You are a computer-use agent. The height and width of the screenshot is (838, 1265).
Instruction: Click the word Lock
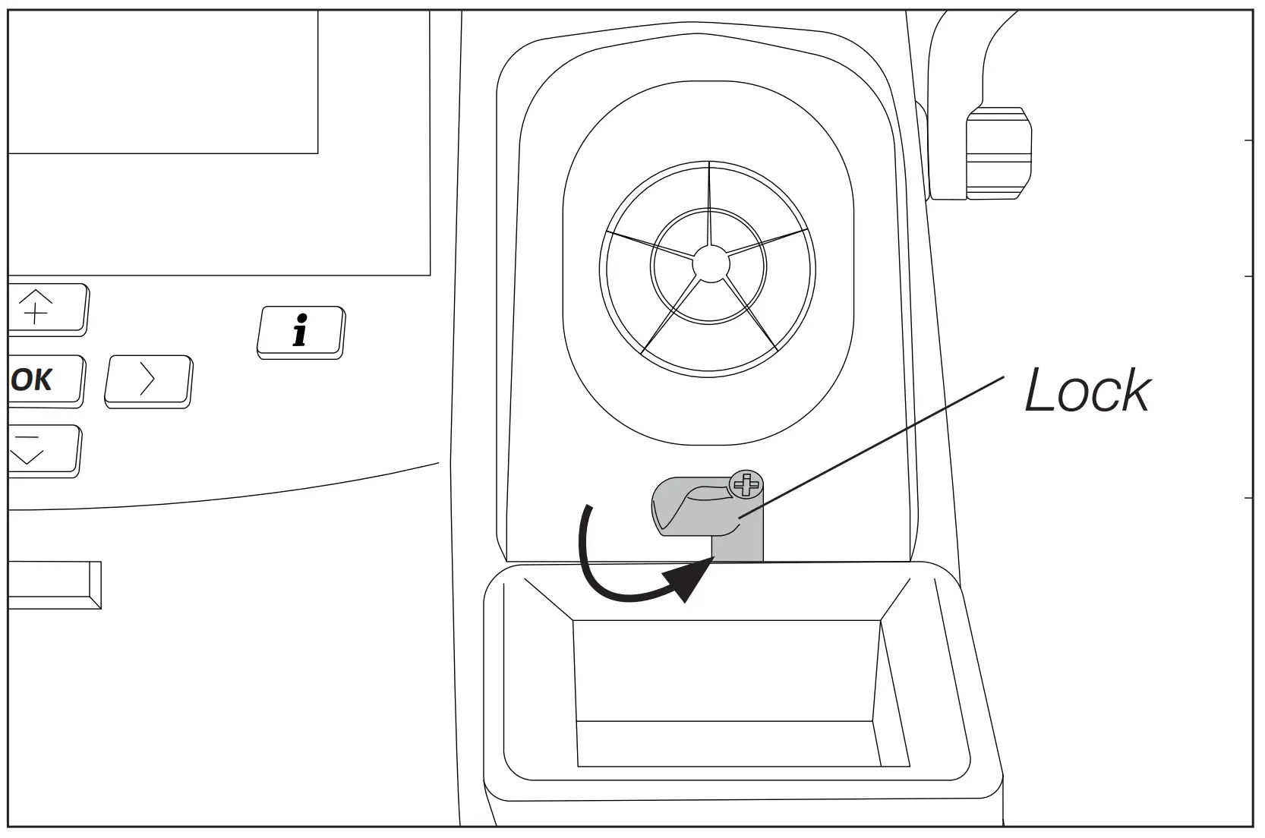[1087, 391]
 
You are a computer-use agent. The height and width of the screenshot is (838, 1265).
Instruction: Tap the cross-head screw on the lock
[745, 484]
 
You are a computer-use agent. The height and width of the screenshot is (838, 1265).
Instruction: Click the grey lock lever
[695, 507]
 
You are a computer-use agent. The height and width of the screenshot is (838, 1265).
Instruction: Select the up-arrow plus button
[47, 308]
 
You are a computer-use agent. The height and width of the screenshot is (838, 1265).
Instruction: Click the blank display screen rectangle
[162, 82]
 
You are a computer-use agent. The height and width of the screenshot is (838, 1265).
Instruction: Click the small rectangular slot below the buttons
[53, 584]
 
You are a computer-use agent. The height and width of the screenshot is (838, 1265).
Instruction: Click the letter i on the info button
[301, 331]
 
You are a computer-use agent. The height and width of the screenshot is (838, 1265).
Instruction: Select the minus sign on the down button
[28, 438]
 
